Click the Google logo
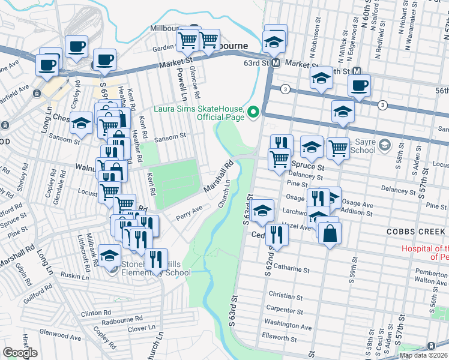(20, 353)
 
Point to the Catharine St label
(289, 271)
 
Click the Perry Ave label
(188, 214)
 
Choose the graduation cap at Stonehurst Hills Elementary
(110, 255)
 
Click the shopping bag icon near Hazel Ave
(330, 232)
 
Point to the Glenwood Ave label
(60, 338)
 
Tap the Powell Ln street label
(180, 85)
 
